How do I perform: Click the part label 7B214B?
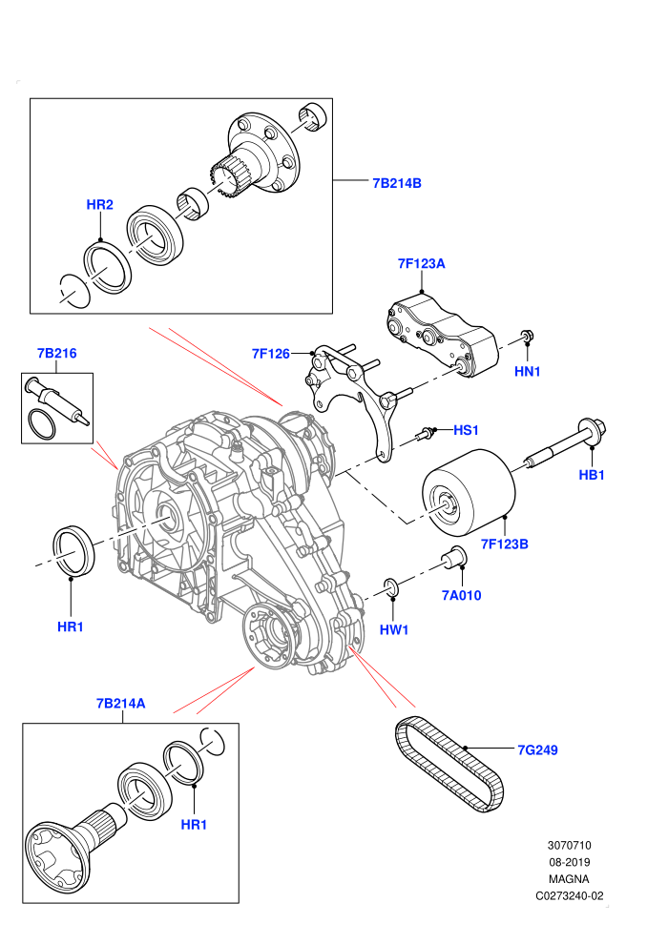click(397, 183)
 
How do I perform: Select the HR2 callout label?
click(99, 205)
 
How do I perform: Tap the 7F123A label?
click(421, 264)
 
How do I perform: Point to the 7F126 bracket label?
click(270, 354)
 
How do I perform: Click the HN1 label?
click(527, 372)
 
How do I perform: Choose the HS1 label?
click(466, 430)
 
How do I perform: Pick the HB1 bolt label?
click(591, 475)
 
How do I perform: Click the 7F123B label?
click(504, 544)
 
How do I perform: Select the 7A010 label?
click(461, 595)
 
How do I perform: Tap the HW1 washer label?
click(394, 629)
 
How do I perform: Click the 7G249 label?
click(537, 749)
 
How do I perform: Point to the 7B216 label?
click(56, 353)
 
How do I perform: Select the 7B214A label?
click(120, 703)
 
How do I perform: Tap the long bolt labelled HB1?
click(566, 445)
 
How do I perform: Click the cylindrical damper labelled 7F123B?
click(469, 491)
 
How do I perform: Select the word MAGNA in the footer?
click(569, 879)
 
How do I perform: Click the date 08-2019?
click(569, 862)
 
